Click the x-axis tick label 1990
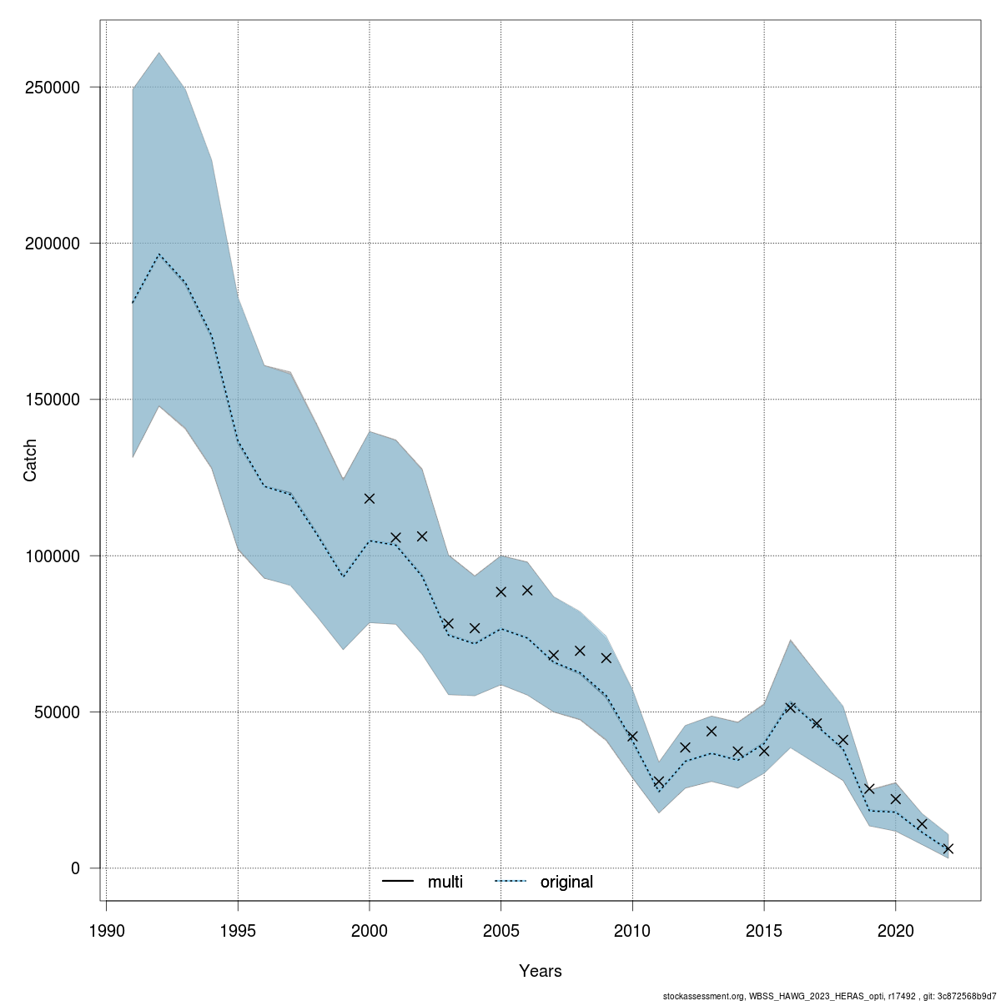pos(106,930)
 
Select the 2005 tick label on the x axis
pos(500,930)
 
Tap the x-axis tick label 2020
pos(895,930)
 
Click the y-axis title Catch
pos(30,461)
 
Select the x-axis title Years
pos(540,971)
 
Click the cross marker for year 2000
pos(370,498)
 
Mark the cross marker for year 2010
pos(632,737)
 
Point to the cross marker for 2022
pos(948,848)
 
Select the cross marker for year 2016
pos(790,707)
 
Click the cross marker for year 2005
pos(500,591)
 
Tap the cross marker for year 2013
pos(712,731)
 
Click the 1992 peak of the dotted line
pos(158,254)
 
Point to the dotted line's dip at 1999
pos(343,576)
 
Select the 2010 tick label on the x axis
pos(632,930)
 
